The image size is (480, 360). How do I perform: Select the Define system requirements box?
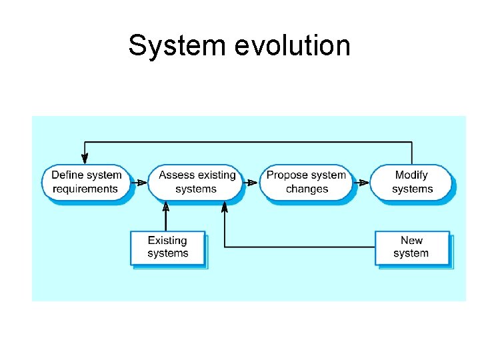coord(86,182)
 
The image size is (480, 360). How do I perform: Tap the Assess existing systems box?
coord(196,182)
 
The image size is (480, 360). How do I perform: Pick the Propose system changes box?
coord(306,182)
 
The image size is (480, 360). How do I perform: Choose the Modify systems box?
coord(411,182)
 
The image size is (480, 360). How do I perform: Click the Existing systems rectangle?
coord(167,247)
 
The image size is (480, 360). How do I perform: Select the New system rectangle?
coord(411,247)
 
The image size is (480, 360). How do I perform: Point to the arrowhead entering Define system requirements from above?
coord(85,159)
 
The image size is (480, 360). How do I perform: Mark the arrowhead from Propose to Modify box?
coord(364,182)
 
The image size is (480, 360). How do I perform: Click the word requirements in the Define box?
coord(85,189)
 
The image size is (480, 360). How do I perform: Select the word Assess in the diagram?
coord(177,175)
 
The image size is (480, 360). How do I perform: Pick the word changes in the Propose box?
coord(307,189)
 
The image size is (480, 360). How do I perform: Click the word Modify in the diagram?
coord(411,175)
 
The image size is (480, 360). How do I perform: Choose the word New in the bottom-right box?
coord(411,241)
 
